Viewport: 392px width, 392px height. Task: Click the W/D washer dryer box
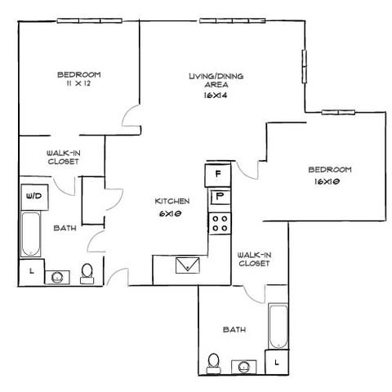tap(34, 197)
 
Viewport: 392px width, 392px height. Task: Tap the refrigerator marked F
tap(218, 175)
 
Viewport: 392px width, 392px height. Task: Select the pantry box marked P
tap(220, 198)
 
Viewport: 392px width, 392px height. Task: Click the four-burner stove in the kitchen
tap(220, 223)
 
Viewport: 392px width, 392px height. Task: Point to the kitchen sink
tap(188, 265)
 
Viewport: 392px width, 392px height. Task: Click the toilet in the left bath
tap(87, 274)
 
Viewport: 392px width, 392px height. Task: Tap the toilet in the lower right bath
tap(214, 363)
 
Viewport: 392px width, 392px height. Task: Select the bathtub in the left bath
tap(31, 234)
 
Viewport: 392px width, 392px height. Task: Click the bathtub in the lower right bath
tap(278, 326)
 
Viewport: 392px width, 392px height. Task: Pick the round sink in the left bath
tap(57, 277)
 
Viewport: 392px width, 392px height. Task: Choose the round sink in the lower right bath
tap(244, 367)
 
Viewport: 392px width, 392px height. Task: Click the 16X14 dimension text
tap(215, 96)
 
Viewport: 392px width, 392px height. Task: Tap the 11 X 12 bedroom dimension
tap(78, 83)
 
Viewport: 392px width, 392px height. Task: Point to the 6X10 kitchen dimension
tap(171, 214)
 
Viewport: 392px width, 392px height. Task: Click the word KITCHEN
tap(172, 201)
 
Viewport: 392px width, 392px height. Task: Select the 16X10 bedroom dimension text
tap(327, 181)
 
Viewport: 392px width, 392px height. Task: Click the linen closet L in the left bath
tap(31, 271)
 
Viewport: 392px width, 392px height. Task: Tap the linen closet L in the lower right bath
tap(277, 362)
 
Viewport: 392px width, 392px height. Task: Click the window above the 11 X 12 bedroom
tap(90, 20)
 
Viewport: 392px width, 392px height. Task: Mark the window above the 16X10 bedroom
tap(338, 112)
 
